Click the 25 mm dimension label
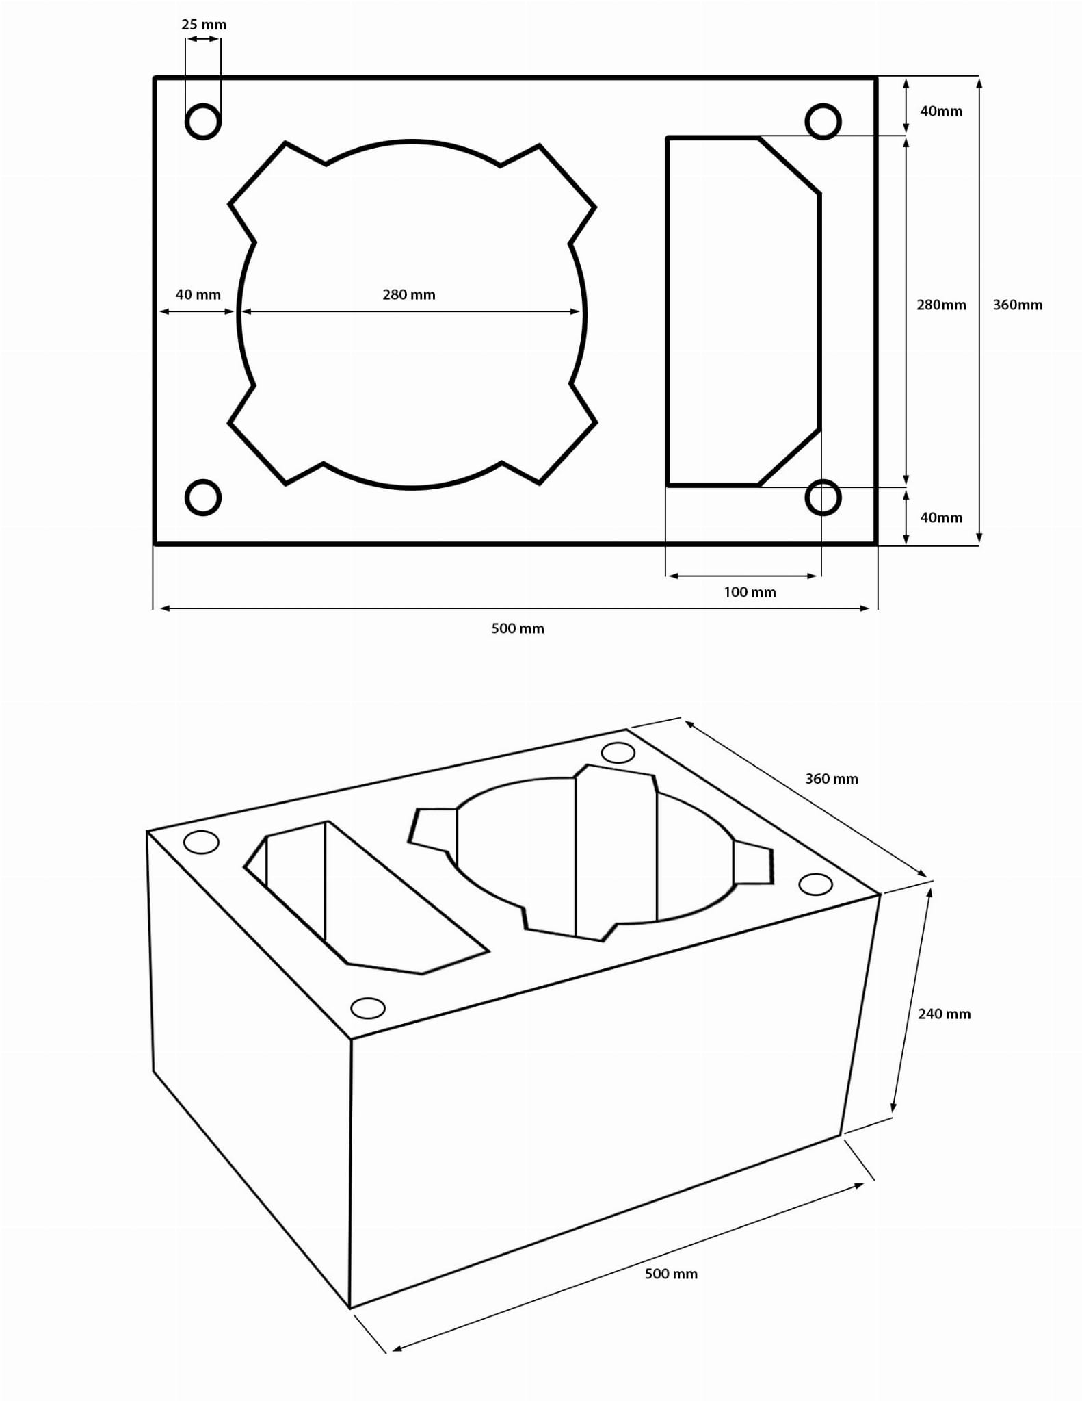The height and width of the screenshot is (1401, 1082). (x=204, y=25)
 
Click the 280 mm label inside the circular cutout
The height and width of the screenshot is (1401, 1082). (x=409, y=295)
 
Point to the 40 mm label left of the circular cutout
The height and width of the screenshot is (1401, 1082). (x=198, y=295)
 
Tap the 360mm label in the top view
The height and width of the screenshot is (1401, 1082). (x=1018, y=305)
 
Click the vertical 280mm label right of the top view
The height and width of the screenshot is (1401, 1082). (x=941, y=305)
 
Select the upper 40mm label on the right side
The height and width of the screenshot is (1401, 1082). (x=941, y=111)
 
